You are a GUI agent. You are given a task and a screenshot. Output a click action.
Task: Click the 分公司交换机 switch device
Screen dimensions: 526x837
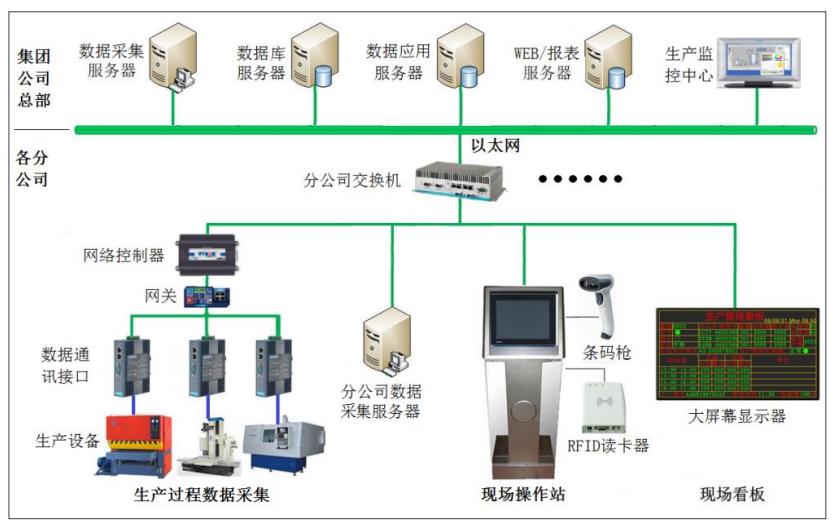pyautogui.click(x=461, y=178)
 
